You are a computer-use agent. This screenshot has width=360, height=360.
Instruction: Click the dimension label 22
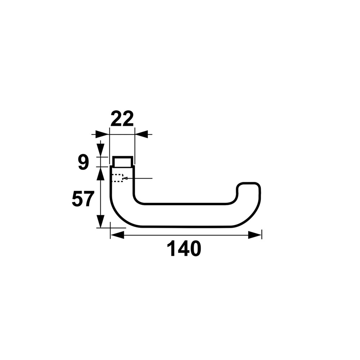coord(122,119)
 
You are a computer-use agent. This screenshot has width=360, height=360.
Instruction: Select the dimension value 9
coord(84,162)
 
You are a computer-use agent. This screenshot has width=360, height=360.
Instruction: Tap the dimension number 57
coord(83,199)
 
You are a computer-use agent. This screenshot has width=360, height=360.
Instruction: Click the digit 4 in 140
coord(183,249)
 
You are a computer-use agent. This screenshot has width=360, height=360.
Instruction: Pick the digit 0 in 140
coord(195,249)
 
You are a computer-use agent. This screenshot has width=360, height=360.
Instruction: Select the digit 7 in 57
coord(89,199)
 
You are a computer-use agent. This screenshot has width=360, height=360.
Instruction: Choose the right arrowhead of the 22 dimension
coord(141,134)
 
